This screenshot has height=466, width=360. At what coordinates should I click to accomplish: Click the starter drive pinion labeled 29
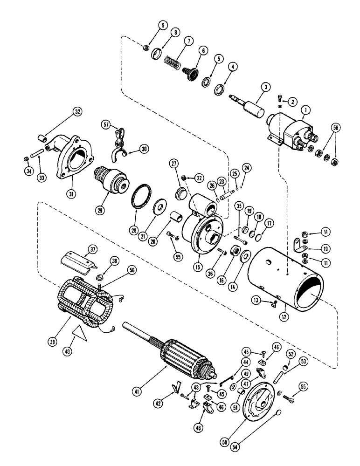click(112, 179)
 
